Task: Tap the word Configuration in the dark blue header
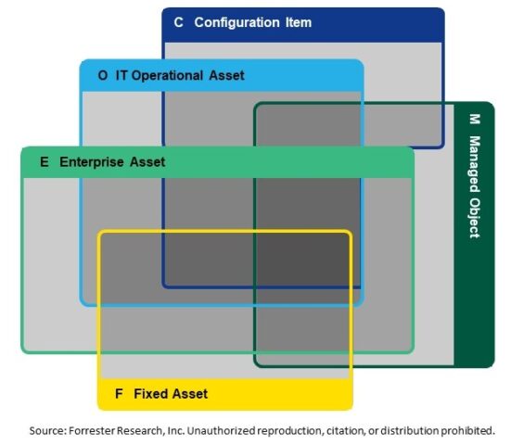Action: click(236, 22)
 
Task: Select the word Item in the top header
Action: click(298, 22)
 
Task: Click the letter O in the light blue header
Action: click(102, 74)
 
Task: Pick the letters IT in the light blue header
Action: click(121, 74)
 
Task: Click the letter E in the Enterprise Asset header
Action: click(44, 161)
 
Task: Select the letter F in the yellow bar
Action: click(119, 394)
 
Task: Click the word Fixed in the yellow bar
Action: click(149, 394)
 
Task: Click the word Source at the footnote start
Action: click(48, 430)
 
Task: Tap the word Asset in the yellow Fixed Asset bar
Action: click(189, 394)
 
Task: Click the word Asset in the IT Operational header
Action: click(226, 74)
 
